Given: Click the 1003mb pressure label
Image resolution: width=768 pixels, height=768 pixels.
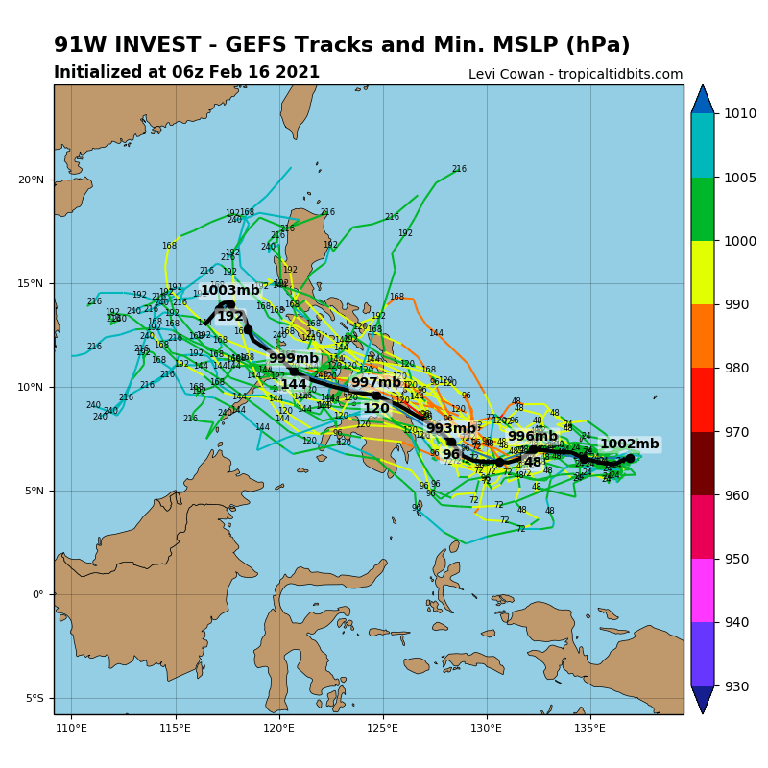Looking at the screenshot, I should [x=230, y=291].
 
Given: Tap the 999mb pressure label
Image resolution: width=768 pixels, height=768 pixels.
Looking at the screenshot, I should [x=293, y=359].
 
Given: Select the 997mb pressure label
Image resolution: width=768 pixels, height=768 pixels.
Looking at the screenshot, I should [x=376, y=383].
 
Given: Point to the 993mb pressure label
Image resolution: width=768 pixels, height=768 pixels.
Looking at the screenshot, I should [x=451, y=429].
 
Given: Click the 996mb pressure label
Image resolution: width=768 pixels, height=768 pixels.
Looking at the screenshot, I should [x=533, y=437].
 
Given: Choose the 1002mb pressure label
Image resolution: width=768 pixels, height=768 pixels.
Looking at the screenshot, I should [x=630, y=444].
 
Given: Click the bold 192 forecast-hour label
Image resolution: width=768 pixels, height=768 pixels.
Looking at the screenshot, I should [x=230, y=317].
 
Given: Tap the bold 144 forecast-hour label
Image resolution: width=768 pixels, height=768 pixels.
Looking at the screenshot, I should [x=294, y=385].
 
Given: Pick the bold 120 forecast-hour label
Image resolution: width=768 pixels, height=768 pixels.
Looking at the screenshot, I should [x=376, y=409].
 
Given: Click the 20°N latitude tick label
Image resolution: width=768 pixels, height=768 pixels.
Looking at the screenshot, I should [x=32, y=180].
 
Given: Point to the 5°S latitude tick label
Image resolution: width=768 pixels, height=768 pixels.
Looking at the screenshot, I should [x=34, y=698].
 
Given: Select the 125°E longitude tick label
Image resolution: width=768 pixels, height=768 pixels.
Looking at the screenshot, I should [x=382, y=727].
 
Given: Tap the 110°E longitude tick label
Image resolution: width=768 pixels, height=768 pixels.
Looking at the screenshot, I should [x=72, y=727].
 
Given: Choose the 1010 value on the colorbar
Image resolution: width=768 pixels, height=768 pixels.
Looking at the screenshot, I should [x=741, y=113].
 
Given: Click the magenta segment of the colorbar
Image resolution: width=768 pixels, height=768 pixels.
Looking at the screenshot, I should [x=703, y=589].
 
